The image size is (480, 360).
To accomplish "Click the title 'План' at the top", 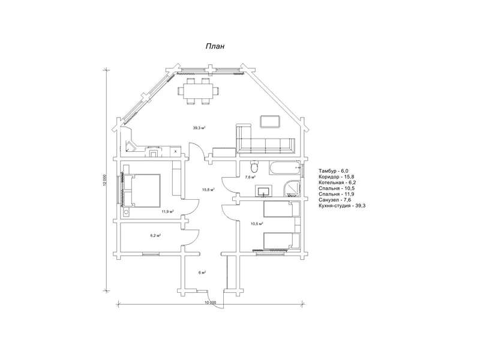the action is (x=215, y=46).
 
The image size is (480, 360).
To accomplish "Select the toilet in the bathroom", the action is (x=254, y=167).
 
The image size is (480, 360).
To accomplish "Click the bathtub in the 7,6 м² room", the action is (x=284, y=168).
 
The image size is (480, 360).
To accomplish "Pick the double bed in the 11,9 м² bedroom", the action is (x=142, y=190).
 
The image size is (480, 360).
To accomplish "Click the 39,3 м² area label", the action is (x=199, y=128).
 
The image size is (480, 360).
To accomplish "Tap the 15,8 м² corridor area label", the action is (x=208, y=190).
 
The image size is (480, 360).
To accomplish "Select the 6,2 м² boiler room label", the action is (x=155, y=235).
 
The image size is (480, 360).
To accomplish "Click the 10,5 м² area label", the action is (x=257, y=224).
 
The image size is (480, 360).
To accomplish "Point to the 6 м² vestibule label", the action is (x=202, y=272).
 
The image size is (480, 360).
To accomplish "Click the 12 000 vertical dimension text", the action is (x=104, y=181).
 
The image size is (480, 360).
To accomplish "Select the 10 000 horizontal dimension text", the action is (x=211, y=302).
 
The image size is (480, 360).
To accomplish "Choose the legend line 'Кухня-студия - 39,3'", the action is (x=342, y=206).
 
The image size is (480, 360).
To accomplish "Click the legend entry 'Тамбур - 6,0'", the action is (x=334, y=171).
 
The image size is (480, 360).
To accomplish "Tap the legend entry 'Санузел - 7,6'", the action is (x=335, y=200).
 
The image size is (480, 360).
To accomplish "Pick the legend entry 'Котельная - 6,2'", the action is (x=337, y=182).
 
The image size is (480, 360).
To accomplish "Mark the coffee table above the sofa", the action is (x=270, y=121).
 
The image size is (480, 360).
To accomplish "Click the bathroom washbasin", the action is (x=263, y=191).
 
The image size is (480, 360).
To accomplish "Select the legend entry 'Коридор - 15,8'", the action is (x=337, y=176).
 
